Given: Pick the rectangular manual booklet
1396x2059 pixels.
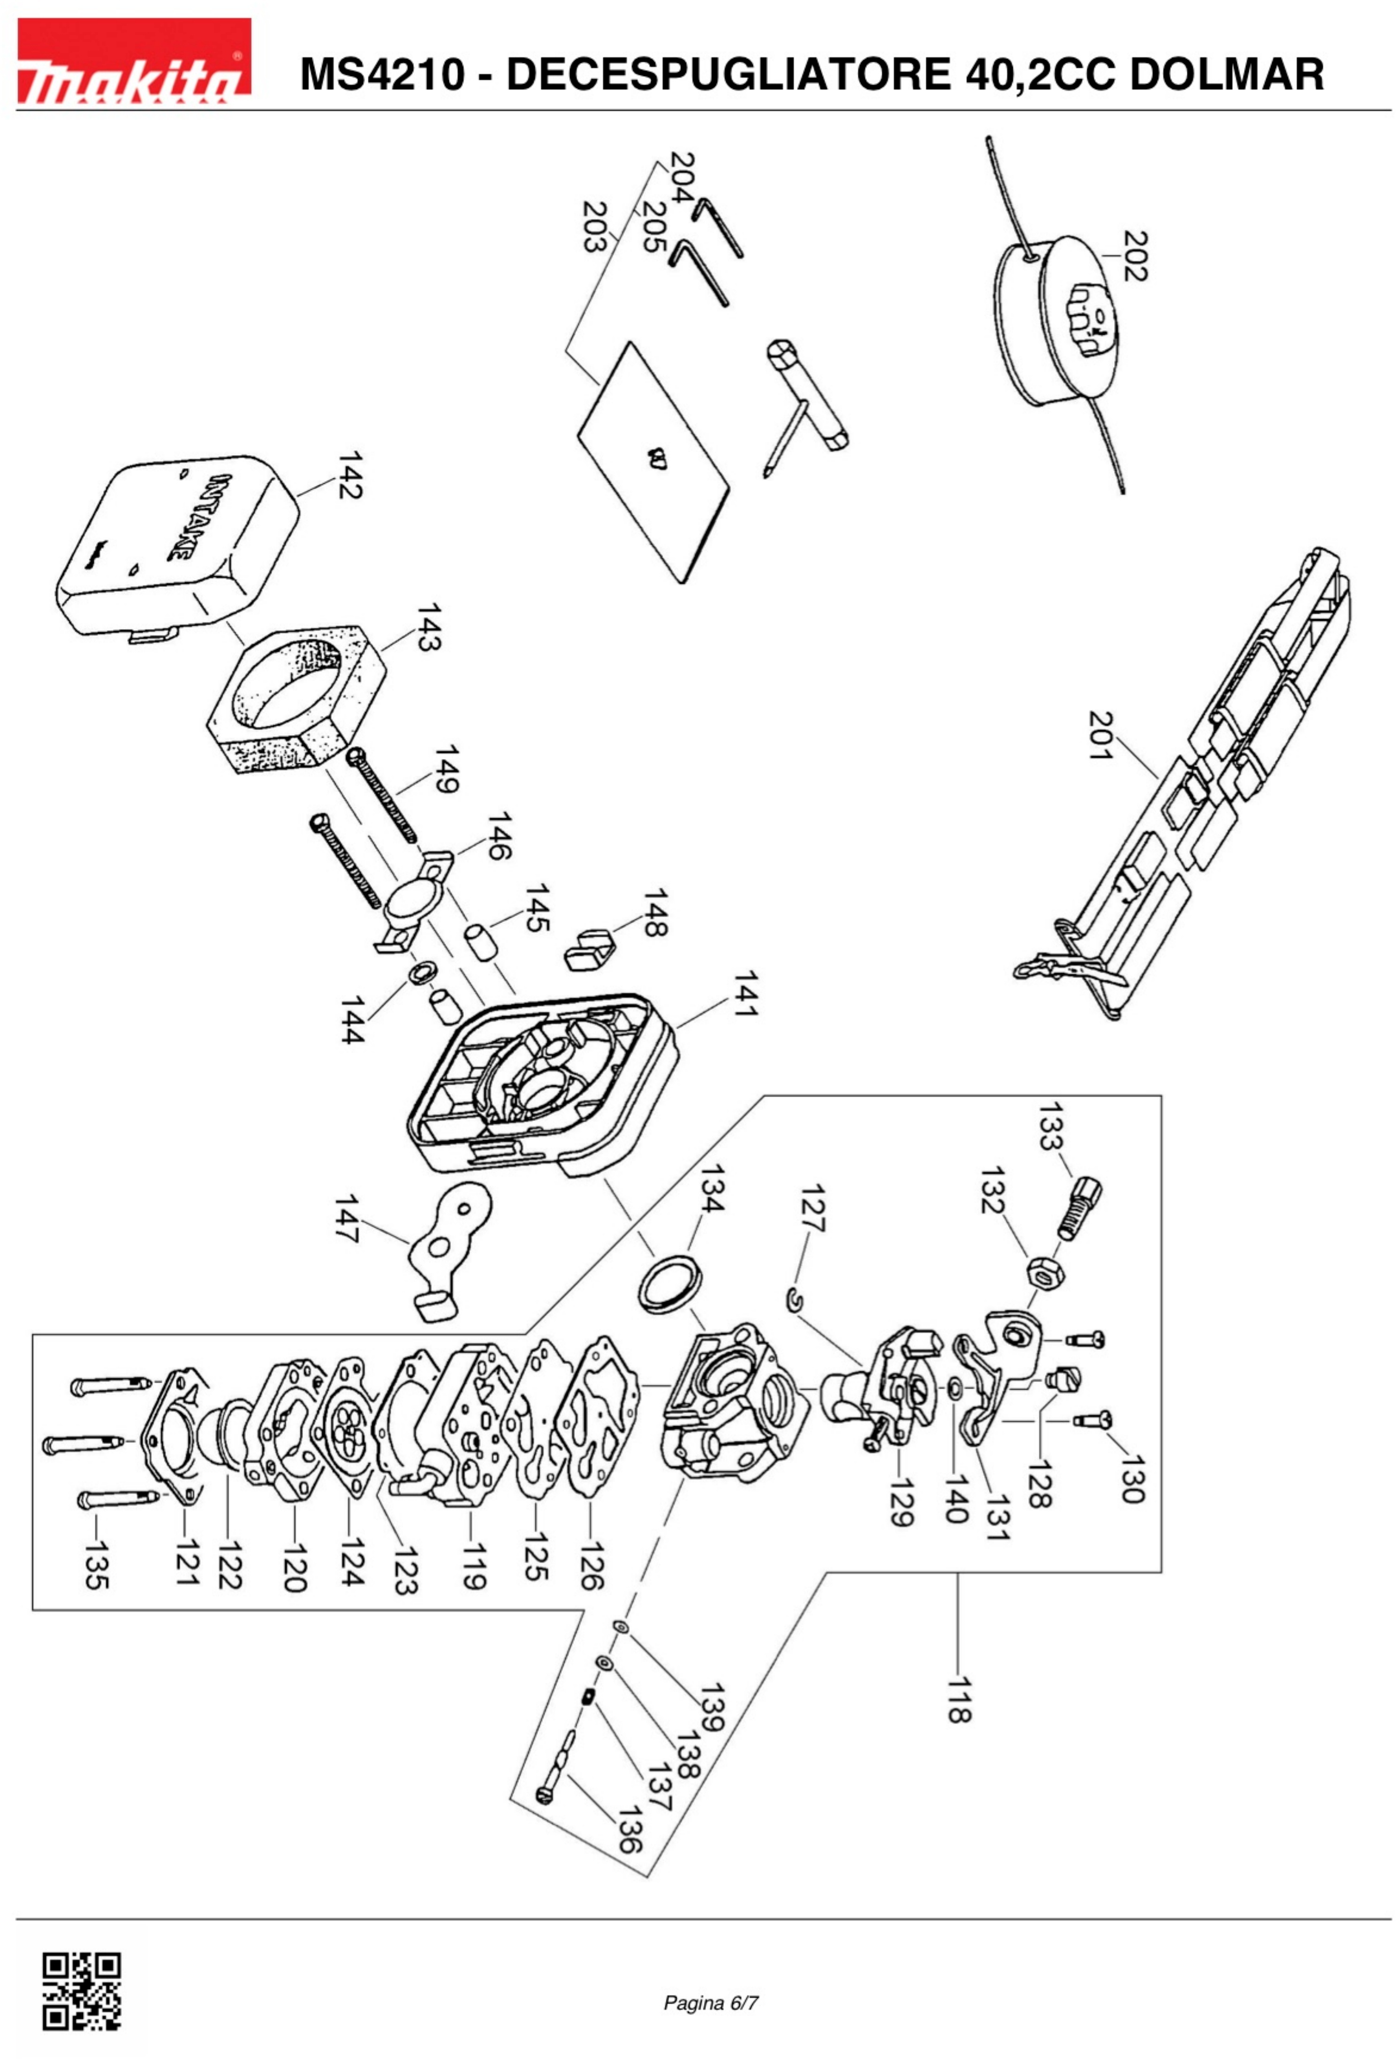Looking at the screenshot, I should (653, 461).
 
